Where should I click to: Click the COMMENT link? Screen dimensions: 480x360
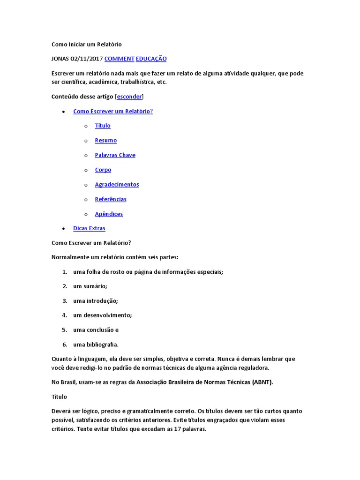coord(119,59)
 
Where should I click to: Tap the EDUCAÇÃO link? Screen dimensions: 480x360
coord(151,59)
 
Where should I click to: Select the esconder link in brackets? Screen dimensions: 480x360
coord(129,97)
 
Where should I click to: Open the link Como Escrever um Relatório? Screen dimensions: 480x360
coord(113,111)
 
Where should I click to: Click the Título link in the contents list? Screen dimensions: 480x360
coord(103,126)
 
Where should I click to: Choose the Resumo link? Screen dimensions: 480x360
coord(106,140)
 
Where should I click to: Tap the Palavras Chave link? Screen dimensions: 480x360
coord(115,155)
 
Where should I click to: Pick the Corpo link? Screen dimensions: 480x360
coord(103,170)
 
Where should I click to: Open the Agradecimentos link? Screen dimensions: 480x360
coord(117,184)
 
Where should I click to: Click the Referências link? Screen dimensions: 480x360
coord(111,199)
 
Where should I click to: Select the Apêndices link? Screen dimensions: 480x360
coord(109,214)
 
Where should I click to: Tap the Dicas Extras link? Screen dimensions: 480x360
coord(89,228)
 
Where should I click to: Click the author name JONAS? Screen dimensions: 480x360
coord(60,59)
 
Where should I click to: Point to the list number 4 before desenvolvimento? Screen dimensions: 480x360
coord(65,315)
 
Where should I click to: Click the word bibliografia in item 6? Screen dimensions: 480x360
coord(102,345)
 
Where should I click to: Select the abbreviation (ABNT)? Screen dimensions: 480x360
coord(262,382)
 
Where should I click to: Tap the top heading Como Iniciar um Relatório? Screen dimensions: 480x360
coord(86,44)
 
